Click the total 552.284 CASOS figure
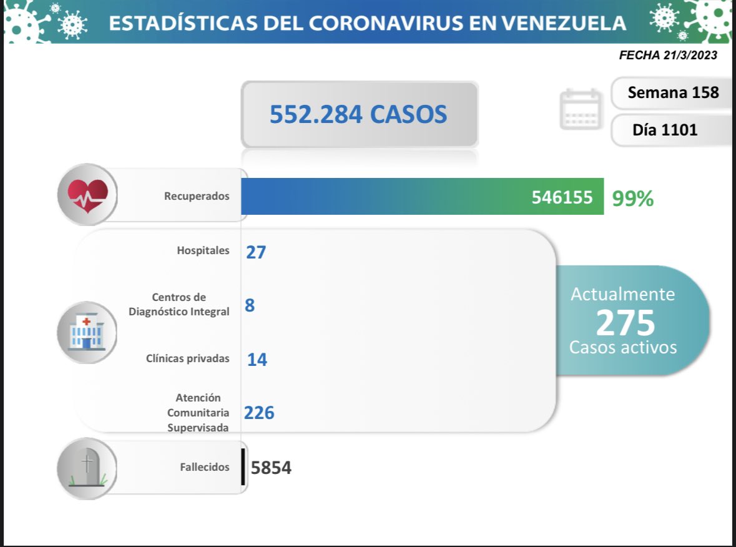click(x=358, y=114)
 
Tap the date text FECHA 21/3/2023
click(x=668, y=55)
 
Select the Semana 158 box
click(x=673, y=93)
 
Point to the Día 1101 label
click(x=665, y=130)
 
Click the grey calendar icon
click(x=581, y=110)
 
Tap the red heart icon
click(x=87, y=194)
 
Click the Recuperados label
click(x=197, y=196)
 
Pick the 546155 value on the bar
click(x=562, y=197)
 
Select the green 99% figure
click(x=633, y=199)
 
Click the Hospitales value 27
click(x=256, y=252)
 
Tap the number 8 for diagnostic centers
click(x=250, y=305)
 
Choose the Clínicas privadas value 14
click(x=257, y=359)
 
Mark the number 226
click(x=259, y=413)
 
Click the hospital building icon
click(x=86, y=332)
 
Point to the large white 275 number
click(x=626, y=322)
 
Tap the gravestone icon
click(x=87, y=468)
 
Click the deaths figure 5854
click(x=271, y=468)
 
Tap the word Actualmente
click(x=623, y=294)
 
